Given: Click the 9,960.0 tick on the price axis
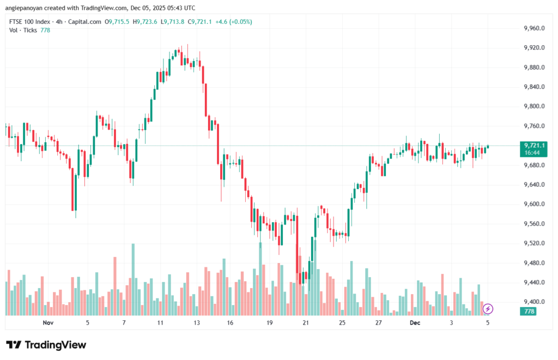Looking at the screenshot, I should [x=533, y=28].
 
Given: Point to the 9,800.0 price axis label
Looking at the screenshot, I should [x=533, y=107].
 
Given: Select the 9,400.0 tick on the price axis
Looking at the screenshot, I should [x=533, y=302].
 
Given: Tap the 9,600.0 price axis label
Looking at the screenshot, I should [x=533, y=204].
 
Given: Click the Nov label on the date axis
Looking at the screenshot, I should [x=48, y=323].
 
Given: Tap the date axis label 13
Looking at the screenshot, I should [x=196, y=323].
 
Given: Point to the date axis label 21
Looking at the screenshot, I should [x=306, y=323].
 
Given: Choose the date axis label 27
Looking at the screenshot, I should [x=378, y=323].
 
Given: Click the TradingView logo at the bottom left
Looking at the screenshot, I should [x=46, y=345].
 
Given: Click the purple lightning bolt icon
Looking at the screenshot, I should [x=488, y=309].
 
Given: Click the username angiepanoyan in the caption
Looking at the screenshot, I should [x=26, y=8].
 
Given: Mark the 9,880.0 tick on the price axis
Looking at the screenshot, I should [x=533, y=68].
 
